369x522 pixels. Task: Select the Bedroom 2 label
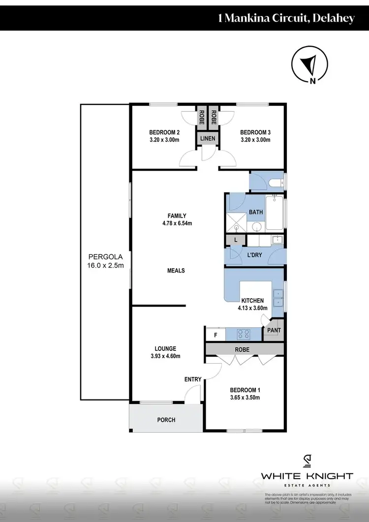click(x=164, y=132)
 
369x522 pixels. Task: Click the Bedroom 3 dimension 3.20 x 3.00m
click(x=255, y=140)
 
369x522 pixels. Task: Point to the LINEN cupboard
click(x=207, y=139)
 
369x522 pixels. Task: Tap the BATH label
click(x=256, y=212)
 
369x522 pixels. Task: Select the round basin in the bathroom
click(x=256, y=227)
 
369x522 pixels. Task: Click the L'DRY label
click(x=254, y=256)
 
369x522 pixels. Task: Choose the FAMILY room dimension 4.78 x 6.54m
click(x=176, y=223)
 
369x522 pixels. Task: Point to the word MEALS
click(x=176, y=271)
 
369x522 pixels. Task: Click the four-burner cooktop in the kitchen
click(x=243, y=334)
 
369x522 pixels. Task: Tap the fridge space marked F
click(x=215, y=335)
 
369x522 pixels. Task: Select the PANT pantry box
click(x=274, y=331)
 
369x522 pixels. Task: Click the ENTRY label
click(x=193, y=379)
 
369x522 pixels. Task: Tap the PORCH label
click(x=166, y=420)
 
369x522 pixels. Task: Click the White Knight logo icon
click(x=307, y=461)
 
